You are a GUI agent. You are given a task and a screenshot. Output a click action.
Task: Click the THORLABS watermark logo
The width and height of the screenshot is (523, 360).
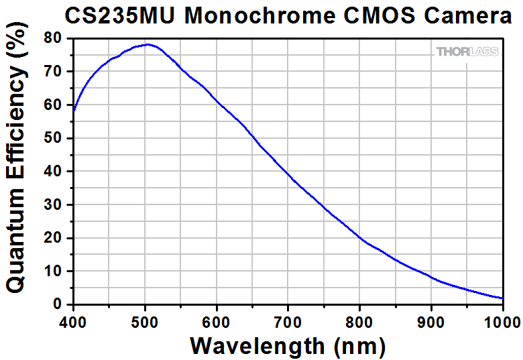click(467, 52)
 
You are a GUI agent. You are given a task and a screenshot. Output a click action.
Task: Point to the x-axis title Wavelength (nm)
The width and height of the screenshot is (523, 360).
click(288, 345)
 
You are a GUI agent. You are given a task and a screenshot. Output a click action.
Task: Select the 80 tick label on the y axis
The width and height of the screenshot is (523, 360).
click(54, 38)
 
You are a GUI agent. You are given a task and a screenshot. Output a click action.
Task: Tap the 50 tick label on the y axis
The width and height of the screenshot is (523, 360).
click(54, 138)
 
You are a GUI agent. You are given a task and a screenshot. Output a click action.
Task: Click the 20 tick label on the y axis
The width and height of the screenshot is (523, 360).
click(54, 238)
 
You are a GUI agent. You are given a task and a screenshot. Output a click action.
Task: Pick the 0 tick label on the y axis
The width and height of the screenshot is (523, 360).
click(58, 304)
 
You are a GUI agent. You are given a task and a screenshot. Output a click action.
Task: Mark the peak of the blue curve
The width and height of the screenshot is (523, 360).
click(147, 45)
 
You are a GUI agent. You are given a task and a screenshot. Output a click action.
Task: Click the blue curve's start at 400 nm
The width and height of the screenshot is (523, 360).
click(74, 111)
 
